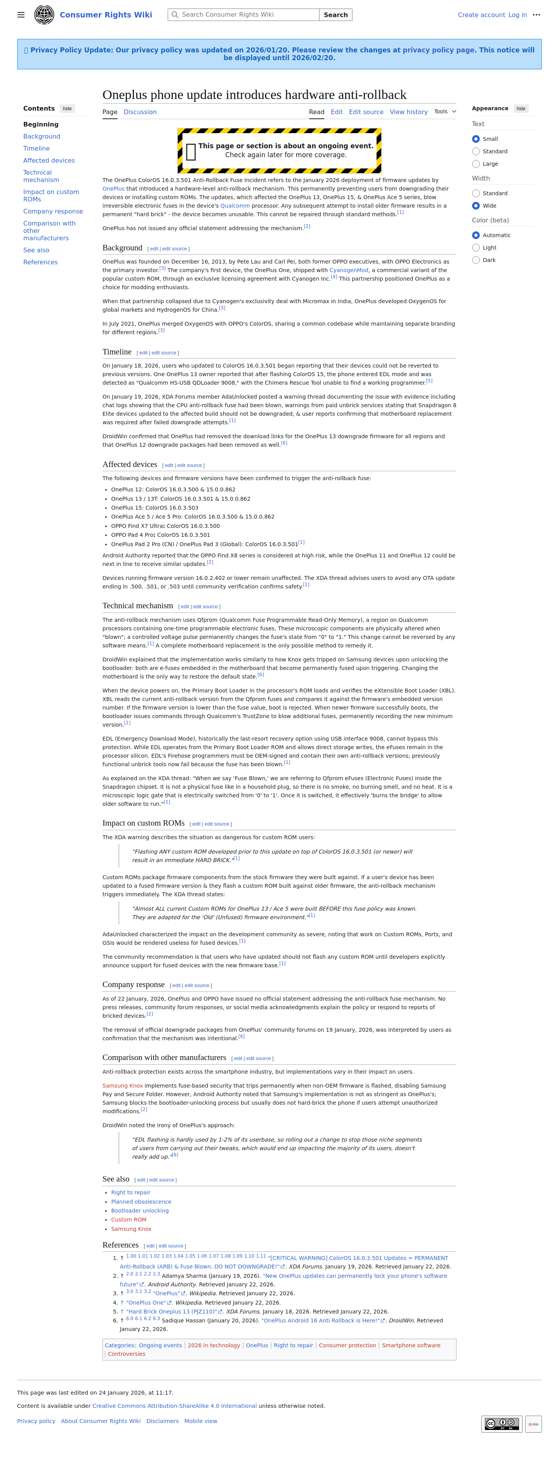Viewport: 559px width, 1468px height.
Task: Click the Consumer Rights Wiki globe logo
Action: (x=44, y=15)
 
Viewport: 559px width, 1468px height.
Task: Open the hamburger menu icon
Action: (x=21, y=15)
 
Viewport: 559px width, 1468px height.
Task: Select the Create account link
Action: (x=481, y=15)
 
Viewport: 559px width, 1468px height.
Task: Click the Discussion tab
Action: (x=140, y=112)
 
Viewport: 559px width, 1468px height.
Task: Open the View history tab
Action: (x=408, y=112)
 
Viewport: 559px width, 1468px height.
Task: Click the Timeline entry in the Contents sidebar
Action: (x=36, y=149)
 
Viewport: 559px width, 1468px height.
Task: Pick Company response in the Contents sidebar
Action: (x=53, y=212)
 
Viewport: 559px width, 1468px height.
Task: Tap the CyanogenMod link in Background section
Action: (x=349, y=271)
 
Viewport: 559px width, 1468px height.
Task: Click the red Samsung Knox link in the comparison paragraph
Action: (x=123, y=1086)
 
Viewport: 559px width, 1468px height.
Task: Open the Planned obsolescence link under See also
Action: (x=141, y=1202)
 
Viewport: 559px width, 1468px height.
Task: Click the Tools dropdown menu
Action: (x=444, y=112)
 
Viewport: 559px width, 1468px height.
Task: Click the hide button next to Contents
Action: (x=67, y=109)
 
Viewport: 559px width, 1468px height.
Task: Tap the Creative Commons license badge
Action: (x=502, y=1423)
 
